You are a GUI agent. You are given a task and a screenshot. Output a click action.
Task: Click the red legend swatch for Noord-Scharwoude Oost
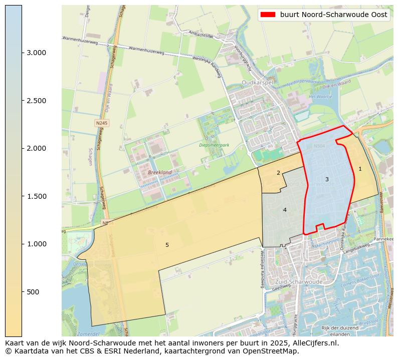(268, 15)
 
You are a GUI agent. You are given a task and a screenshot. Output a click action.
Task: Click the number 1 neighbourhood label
(360, 169)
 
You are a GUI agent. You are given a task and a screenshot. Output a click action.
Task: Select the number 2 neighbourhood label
(278, 173)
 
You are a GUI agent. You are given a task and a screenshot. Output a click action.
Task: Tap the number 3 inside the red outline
(327, 179)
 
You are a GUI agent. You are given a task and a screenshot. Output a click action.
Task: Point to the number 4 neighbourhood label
(285, 210)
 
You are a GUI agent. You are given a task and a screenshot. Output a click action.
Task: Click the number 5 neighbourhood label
(167, 245)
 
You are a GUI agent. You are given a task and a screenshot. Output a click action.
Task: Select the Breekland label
(160, 172)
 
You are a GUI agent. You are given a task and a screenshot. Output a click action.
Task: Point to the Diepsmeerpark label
(214, 145)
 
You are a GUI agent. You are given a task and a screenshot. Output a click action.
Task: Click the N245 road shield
(102, 123)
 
